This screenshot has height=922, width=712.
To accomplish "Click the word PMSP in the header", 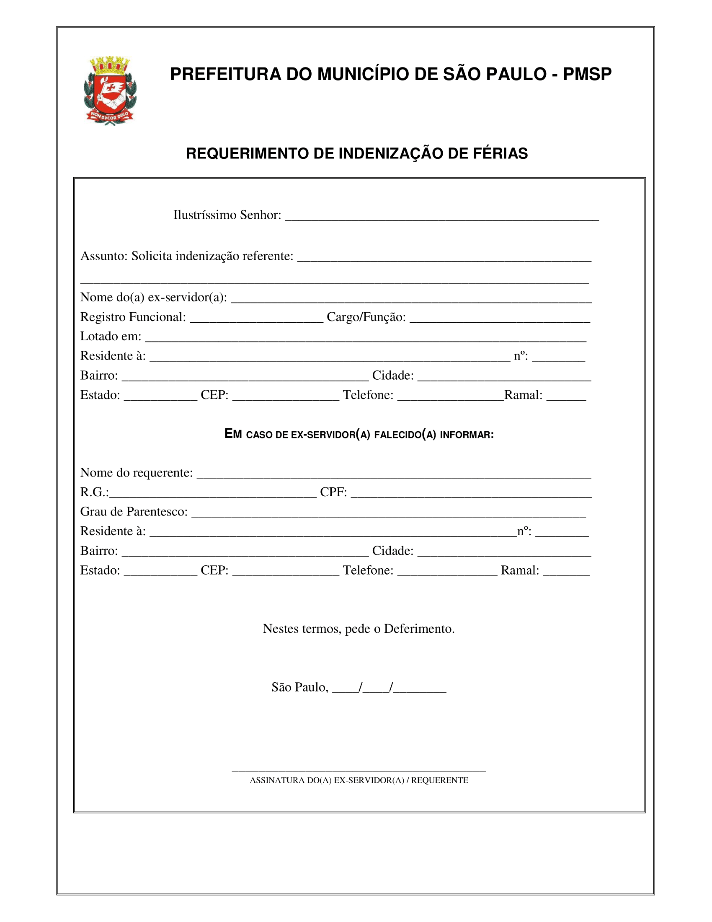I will [587, 74].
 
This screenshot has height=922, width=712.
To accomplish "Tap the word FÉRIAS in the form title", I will [500, 154].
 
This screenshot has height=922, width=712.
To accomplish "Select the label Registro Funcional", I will [133, 317].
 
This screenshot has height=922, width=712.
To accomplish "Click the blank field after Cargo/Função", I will [499, 319].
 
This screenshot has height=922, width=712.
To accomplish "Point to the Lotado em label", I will [111, 337].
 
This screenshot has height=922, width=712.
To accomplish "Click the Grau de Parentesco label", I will [134, 512].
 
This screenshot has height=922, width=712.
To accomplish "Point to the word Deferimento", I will [419, 629].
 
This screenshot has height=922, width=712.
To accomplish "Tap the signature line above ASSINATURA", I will [359, 769].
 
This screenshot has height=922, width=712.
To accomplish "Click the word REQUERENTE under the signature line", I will [439, 781].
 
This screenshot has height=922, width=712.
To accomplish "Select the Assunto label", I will [103, 256].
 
